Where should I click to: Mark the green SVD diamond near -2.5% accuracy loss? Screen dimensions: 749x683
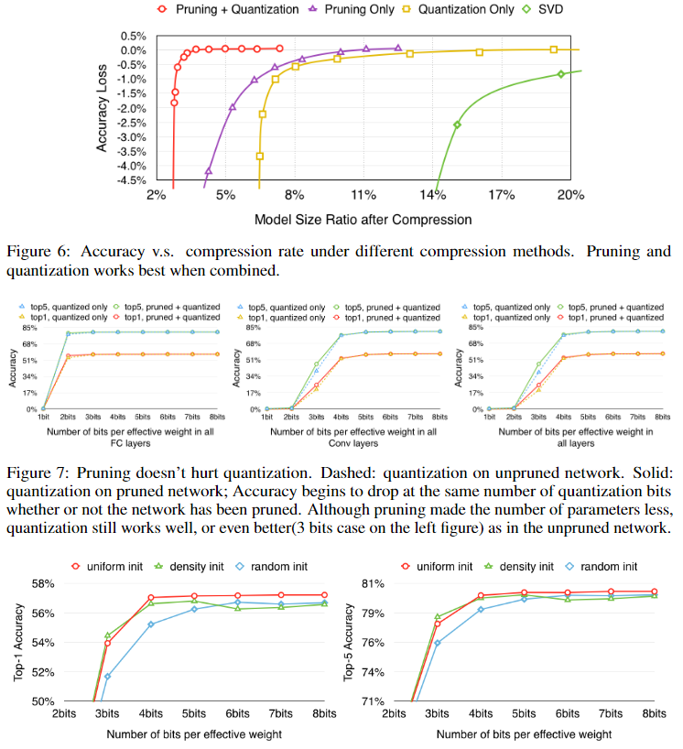click(x=457, y=125)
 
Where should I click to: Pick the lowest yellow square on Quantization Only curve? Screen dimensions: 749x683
click(x=260, y=157)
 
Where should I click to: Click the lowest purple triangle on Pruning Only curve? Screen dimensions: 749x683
click(x=209, y=171)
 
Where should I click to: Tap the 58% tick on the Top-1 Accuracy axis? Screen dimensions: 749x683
click(x=43, y=583)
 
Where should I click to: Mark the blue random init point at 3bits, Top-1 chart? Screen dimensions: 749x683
click(x=107, y=677)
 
